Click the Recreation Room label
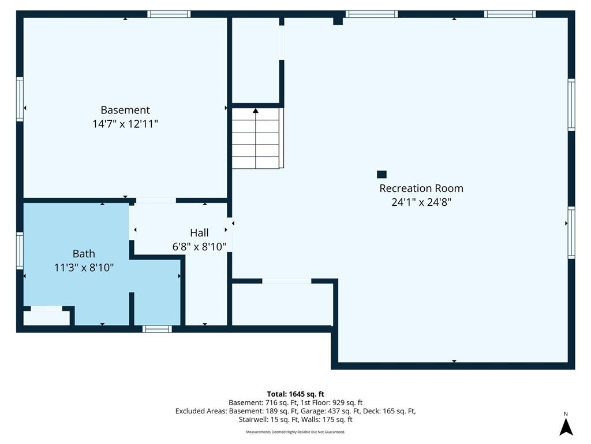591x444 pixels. coord(421,188)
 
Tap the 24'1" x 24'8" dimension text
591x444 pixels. coord(421,202)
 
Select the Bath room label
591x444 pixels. coord(84,253)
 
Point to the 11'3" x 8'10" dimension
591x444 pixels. coord(84,267)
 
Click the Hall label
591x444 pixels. coord(199,232)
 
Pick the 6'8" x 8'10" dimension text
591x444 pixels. coord(199,246)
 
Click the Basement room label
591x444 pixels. coord(125,110)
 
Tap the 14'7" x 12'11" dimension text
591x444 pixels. coord(125,124)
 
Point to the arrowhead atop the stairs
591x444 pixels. coord(256,110)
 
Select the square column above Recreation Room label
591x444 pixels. coord(381,174)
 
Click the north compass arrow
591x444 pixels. coord(566,427)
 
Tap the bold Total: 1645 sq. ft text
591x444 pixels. coord(295,394)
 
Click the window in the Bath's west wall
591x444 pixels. coord(20,251)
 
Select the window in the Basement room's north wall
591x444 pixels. coord(169,14)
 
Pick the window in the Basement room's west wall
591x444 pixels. coord(20,99)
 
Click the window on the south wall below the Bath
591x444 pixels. coord(157,329)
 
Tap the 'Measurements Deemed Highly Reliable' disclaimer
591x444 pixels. coord(295,432)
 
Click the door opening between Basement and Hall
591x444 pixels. coord(156,201)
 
